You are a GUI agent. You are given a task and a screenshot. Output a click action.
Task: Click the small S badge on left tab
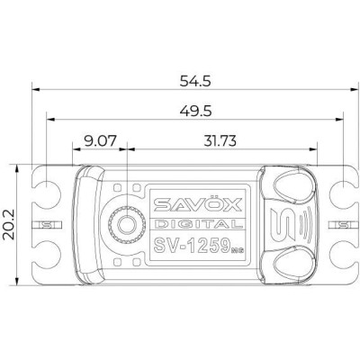point(42,223)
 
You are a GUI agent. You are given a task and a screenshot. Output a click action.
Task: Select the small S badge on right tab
point(343,223)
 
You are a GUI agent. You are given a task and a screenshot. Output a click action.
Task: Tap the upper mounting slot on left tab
point(40,186)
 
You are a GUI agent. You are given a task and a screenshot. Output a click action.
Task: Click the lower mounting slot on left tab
point(40,260)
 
